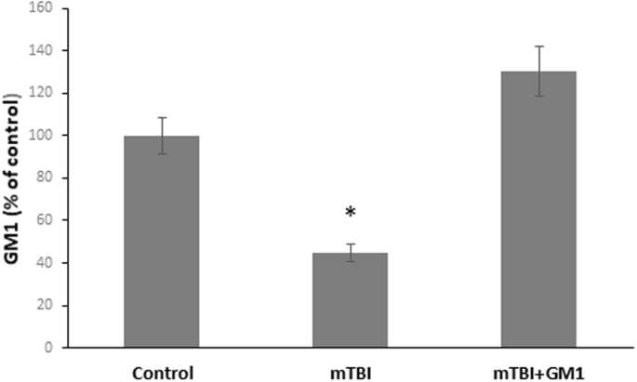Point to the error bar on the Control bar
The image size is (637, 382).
162,136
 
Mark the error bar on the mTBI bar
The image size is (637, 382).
350,253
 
